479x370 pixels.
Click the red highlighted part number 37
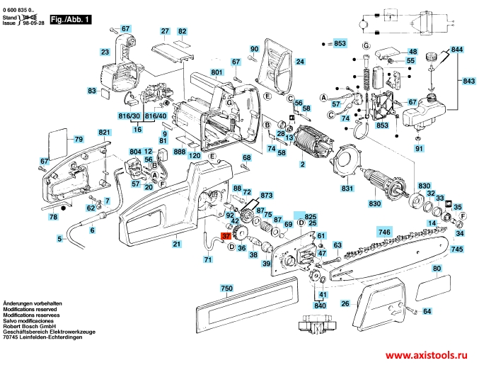pos(226,237)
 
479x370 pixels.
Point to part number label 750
pos(226,288)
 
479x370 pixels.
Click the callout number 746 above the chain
pos(383,232)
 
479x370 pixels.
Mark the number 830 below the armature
pos(375,203)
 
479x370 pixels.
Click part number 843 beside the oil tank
pos(469,82)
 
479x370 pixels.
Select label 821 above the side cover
pos(105,133)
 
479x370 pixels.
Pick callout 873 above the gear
pos(266,194)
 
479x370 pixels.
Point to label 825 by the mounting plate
pos(311,215)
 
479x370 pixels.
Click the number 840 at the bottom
pos(320,305)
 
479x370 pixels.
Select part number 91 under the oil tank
pos(419,148)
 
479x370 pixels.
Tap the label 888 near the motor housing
pos(179,152)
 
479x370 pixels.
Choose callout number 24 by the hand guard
pos(300,62)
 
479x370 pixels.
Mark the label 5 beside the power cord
pos(59,239)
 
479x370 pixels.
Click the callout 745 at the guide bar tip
pos(457,250)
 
